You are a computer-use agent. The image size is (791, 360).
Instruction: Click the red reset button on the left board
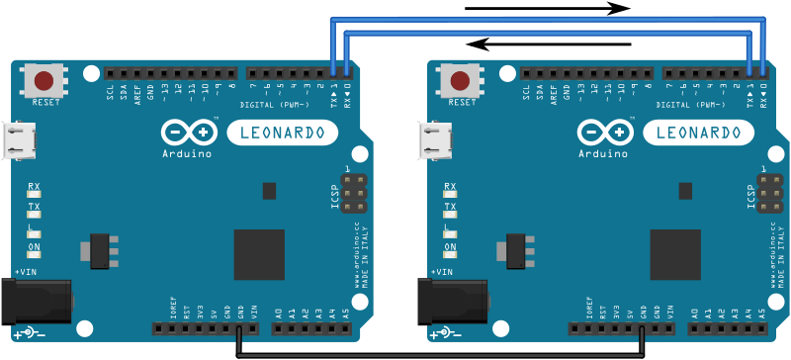pyautogui.click(x=44, y=80)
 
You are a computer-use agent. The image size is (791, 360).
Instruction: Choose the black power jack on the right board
pyautogui.click(x=452, y=301)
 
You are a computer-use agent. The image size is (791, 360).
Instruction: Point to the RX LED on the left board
pyautogui.click(x=35, y=195)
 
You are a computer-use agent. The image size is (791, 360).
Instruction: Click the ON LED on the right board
pyautogui.click(x=451, y=254)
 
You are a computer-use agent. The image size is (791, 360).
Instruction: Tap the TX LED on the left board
pyautogui.click(x=35, y=215)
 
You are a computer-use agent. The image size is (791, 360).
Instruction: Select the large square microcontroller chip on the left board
pyautogui.click(x=259, y=254)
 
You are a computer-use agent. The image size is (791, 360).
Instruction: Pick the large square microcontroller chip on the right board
pyautogui.click(x=675, y=254)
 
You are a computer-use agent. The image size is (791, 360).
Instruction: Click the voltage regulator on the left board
pyautogui.click(x=101, y=250)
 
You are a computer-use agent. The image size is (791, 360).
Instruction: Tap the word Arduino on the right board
pyautogui.click(x=603, y=153)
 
